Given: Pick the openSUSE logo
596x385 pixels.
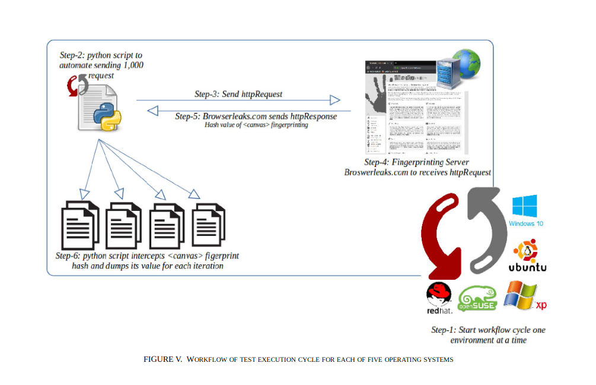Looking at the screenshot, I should [479, 298].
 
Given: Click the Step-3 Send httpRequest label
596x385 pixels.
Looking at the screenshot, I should [238, 94].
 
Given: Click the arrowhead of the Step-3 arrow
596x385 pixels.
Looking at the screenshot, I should [335, 100].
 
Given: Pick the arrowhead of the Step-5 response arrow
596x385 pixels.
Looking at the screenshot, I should [153, 110].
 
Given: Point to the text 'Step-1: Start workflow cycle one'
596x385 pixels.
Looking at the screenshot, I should [488, 330].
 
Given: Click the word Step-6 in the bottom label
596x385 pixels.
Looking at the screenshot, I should [68, 256].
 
